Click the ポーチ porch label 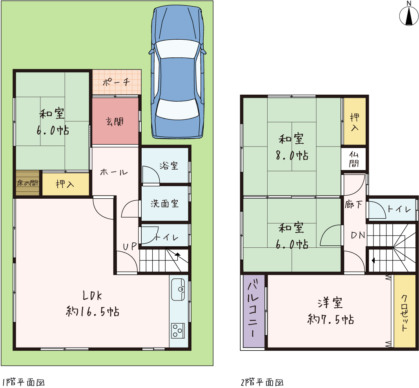pyautogui.click(x=116, y=82)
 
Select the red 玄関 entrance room pyautogui.click(x=115, y=121)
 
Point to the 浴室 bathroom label pyautogui.click(x=169, y=166)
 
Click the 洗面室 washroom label pyautogui.click(x=164, y=204)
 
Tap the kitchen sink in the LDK pyautogui.click(x=178, y=289)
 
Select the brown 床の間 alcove pyautogui.click(x=28, y=183)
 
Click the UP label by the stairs pyautogui.click(x=130, y=247)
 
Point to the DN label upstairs pyautogui.click(x=358, y=235)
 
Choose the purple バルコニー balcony pyautogui.click(x=253, y=311)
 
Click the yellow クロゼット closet pyautogui.click(x=405, y=311)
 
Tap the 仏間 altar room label pyautogui.click(x=354, y=159)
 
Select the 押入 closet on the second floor pyautogui.click(x=355, y=122)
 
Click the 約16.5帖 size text pyautogui.click(x=93, y=311)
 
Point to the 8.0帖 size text pyautogui.click(x=292, y=156)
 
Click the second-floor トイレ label pyautogui.click(x=399, y=209)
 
